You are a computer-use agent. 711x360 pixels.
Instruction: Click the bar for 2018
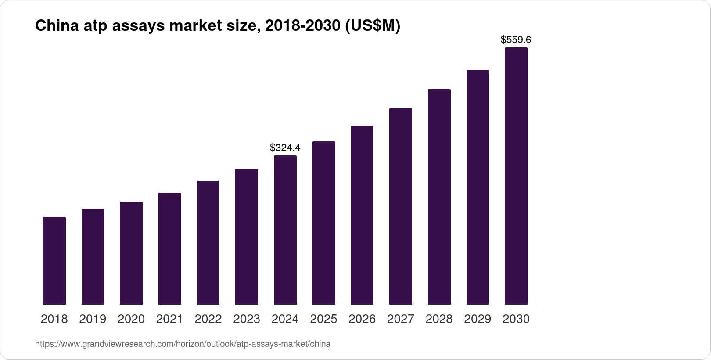coord(54,261)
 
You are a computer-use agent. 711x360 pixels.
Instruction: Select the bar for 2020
coord(131,253)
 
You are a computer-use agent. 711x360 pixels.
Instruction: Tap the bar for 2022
coord(208,243)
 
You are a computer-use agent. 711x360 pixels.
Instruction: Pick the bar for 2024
coord(285,230)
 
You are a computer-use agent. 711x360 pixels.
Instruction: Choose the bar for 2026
coord(362,215)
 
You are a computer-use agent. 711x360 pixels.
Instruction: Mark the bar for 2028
coord(439,197)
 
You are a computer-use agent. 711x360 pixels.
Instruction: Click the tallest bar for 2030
coord(516,176)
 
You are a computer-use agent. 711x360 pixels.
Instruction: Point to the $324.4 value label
coord(285,148)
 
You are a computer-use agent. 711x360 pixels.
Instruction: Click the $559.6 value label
coord(516,40)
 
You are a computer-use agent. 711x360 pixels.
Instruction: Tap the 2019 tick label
coord(93,319)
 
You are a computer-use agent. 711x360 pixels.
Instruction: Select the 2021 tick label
coord(169,319)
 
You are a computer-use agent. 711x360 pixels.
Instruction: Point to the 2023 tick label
coord(247,319)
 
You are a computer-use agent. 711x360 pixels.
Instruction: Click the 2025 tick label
coord(323,319)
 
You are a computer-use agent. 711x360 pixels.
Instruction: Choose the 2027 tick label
coord(401,319)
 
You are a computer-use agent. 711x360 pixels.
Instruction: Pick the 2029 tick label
coord(478,319)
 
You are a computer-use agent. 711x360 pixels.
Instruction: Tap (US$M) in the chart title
coord(373,26)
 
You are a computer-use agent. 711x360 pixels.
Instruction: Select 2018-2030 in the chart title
coord(303,26)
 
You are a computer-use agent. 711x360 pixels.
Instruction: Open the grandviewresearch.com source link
coord(183,344)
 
